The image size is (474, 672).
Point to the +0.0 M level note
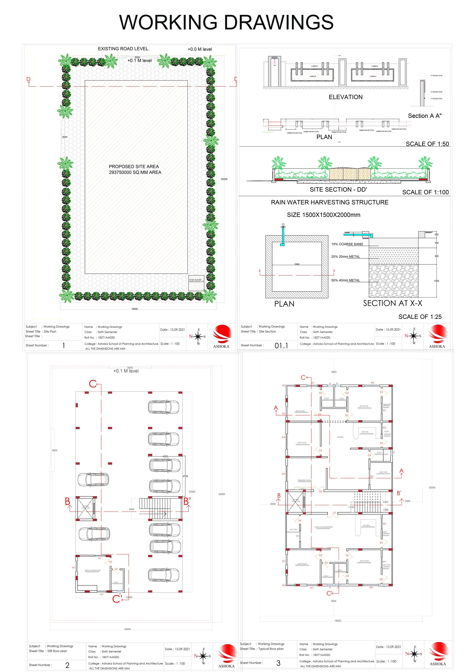[200, 49]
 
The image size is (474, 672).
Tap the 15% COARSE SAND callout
[347, 244]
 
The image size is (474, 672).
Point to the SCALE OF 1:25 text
[420, 317]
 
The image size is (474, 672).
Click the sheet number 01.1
[281, 346]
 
